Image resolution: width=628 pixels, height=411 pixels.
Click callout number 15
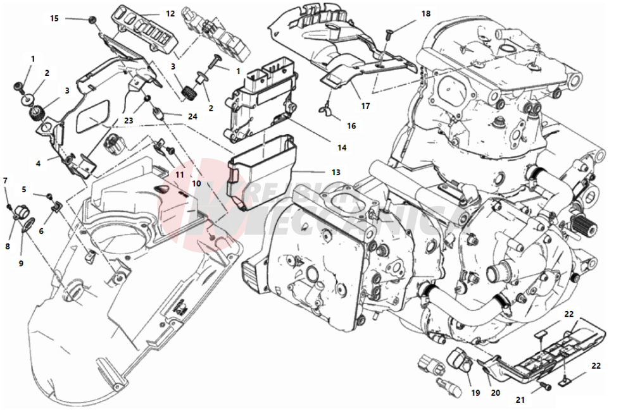click(x=54, y=18)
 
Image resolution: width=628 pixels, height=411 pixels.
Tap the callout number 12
click(x=170, y=13)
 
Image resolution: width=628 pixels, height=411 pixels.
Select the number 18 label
click(x=425, y=13)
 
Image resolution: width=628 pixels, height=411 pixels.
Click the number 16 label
click(x=351, y=126)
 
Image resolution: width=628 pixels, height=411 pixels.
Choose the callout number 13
click(x=335, y=172)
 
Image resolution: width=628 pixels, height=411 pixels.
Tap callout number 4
click(x=38, y=163)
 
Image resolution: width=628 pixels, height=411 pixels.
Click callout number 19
click(x=475, y=392)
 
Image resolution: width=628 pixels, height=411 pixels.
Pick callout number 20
click(x=496, y=392)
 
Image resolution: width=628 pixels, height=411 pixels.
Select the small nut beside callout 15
click(x=93, y=20)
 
